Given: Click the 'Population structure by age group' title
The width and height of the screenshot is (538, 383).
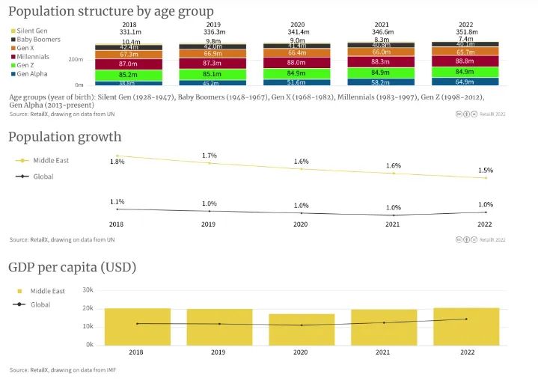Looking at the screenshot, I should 111,11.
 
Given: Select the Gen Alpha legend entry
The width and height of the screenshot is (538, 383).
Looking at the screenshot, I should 31,74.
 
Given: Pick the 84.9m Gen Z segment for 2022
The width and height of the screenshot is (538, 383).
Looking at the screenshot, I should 465,72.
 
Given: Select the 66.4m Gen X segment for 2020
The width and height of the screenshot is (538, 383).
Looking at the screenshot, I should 296,53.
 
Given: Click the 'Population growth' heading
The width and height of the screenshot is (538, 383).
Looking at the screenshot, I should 64,137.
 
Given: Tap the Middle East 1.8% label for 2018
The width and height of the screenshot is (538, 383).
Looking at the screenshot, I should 117,162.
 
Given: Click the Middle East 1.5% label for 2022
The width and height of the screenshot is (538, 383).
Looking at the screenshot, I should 486,171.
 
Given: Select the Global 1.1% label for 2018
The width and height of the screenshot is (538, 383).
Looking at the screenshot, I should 117,202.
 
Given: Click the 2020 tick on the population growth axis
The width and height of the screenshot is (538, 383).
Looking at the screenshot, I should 300,224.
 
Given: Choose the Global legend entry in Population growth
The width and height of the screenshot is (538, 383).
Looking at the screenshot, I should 43,177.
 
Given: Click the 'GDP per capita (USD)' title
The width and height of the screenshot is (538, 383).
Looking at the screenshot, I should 72,267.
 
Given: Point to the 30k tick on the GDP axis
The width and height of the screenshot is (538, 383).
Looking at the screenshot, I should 88,289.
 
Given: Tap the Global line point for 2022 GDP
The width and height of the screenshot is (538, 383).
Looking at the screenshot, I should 466,319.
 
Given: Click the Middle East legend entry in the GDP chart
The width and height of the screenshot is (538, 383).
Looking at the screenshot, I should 47,291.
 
